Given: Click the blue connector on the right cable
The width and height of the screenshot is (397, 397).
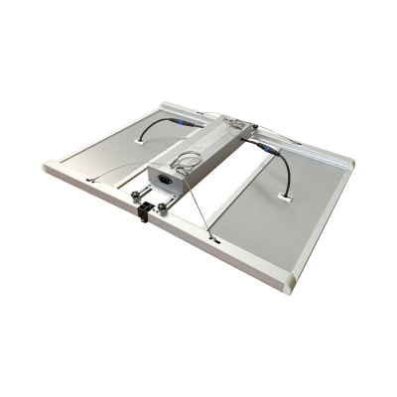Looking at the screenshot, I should point(267,149).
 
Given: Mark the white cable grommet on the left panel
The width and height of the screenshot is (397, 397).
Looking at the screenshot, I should point(135,143).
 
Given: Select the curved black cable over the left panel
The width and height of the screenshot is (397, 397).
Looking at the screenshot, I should point(154,127).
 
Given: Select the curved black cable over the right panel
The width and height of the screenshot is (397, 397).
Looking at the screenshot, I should point(285,169).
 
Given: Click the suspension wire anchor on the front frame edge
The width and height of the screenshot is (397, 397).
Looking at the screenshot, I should point(213,239).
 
